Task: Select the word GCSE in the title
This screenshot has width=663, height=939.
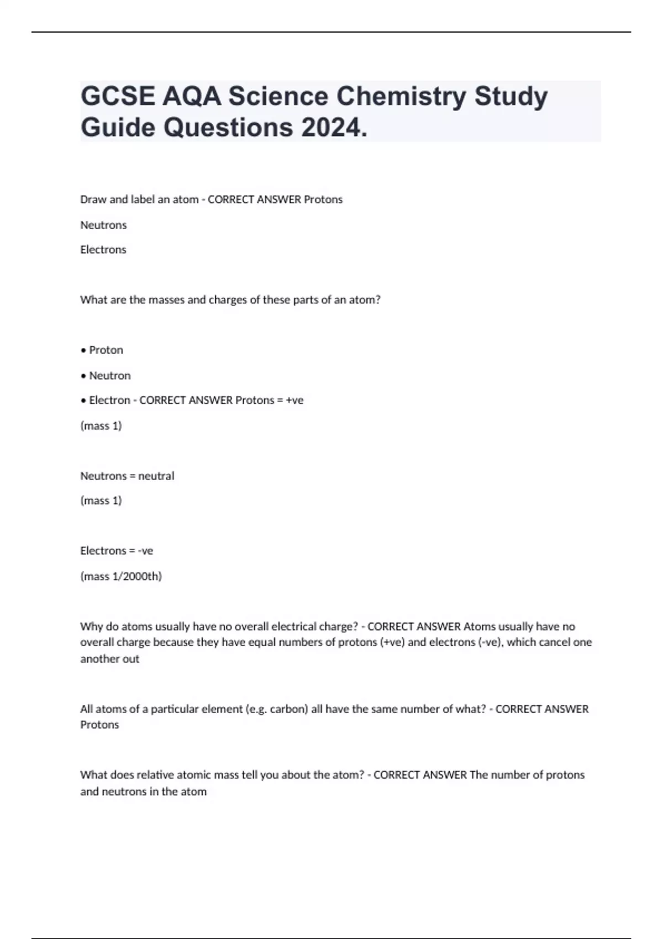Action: click(x=118, y=97)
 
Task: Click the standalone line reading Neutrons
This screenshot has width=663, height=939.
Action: click(x=103, y=225)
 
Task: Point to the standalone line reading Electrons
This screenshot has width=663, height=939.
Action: click(x=103, y=250)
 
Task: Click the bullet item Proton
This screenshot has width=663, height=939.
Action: click(x=106, y=350)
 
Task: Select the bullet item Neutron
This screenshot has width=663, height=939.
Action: click(x=109, y=376)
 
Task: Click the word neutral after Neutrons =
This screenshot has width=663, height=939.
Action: click(x=156, y=476)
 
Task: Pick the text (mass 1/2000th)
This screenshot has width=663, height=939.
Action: click(x=121, y=576)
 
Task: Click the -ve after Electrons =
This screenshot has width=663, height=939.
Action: click(x=145, y=551)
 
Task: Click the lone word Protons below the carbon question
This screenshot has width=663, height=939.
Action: click(x=99, y=725)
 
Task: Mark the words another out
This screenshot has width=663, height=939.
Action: click(x=109, y=658)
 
